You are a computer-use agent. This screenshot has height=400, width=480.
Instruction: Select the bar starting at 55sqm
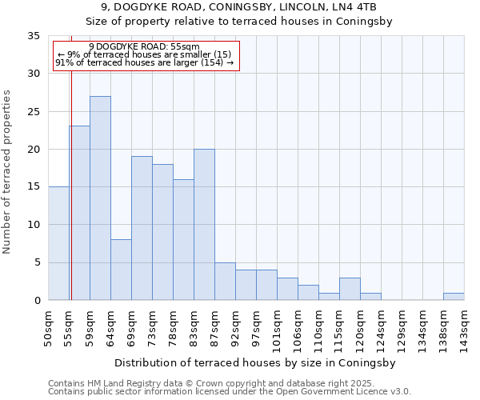coord(79,213)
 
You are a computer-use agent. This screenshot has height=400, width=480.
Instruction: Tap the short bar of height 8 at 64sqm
coord(121,270)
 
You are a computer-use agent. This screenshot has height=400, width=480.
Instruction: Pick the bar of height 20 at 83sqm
coord(204,225)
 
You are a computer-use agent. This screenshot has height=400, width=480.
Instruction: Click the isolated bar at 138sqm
coord(454,297)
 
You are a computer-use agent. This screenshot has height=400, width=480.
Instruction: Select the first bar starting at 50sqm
coord(58,243)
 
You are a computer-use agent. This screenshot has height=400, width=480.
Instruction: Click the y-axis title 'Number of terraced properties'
coord(8,172)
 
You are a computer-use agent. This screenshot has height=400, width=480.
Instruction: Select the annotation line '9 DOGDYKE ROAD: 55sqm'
coord(144,47)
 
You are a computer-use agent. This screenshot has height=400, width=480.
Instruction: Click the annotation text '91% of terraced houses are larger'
coord(144,62)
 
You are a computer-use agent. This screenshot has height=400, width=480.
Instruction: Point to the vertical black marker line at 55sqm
coord(70,184)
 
